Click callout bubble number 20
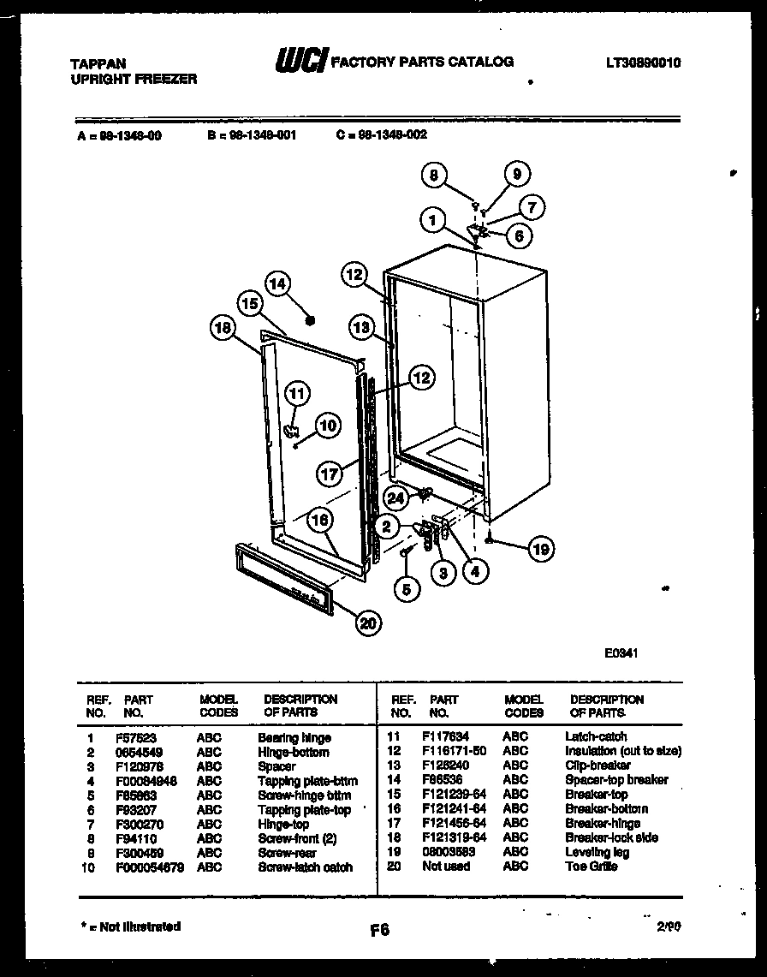(x=368, y=624)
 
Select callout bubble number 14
(x=276, y=283)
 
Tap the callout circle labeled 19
(x=541, y=548)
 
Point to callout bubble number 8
(x=435, y=176)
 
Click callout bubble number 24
(x=395, y=497)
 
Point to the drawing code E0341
(x=622, y=652)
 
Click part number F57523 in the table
(x=134, y=737)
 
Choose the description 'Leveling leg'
(x=597, y=852)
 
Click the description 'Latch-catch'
(x=596, y=736)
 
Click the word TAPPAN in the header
(x=98, y=63)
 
